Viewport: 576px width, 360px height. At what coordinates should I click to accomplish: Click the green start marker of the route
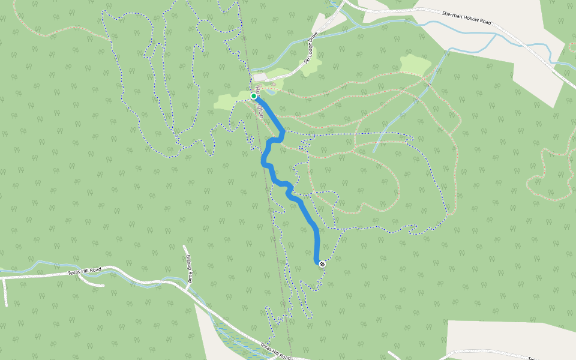[254, 96]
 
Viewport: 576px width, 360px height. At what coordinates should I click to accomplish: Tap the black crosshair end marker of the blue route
[322, 264]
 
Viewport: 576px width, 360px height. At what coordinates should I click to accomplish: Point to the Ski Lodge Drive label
[310, 48]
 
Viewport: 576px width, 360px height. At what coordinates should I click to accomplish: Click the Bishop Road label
[189, 268]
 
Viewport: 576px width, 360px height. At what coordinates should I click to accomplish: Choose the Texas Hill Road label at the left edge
[84, 271]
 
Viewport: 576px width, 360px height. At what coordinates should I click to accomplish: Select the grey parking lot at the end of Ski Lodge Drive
[259, 78]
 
